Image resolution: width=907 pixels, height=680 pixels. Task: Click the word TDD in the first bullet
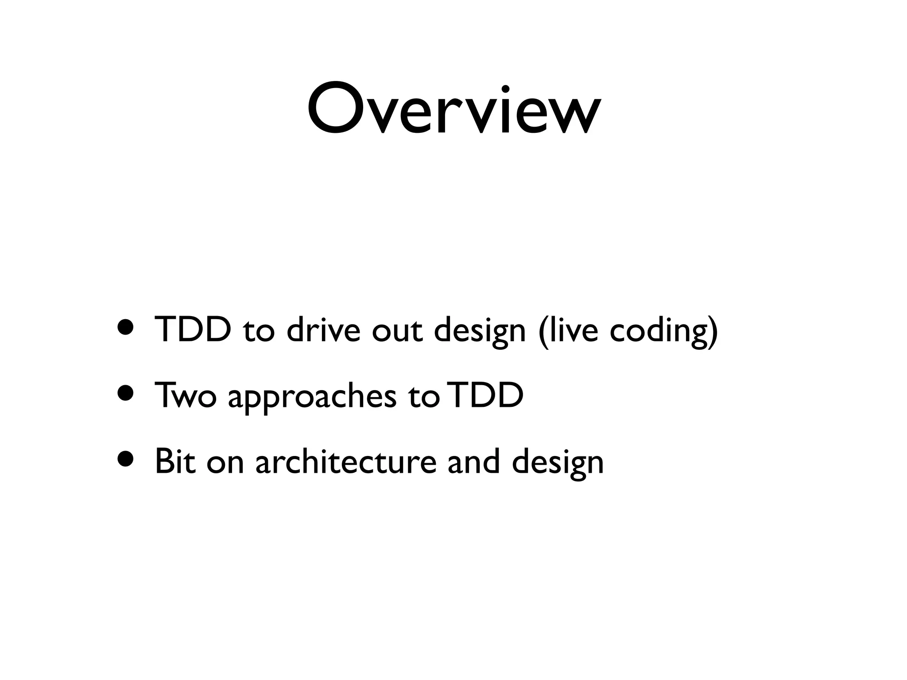tap(193, 330)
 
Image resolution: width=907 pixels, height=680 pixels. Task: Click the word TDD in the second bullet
tap(486, 395)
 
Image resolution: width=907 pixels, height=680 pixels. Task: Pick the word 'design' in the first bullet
tap(479, 332)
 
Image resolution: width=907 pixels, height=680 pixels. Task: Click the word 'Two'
tap(185, 395)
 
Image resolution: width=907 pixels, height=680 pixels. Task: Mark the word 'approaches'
tap(312, 397)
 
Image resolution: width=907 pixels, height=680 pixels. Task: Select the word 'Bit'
tap(175, 461)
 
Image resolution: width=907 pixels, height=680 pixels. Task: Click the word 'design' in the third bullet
tap(558, 463)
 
